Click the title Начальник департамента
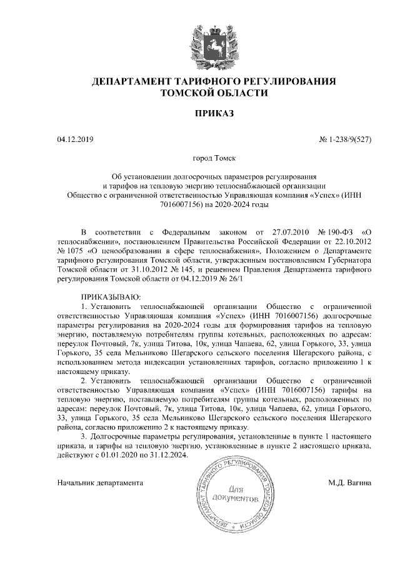click(100, 483)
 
